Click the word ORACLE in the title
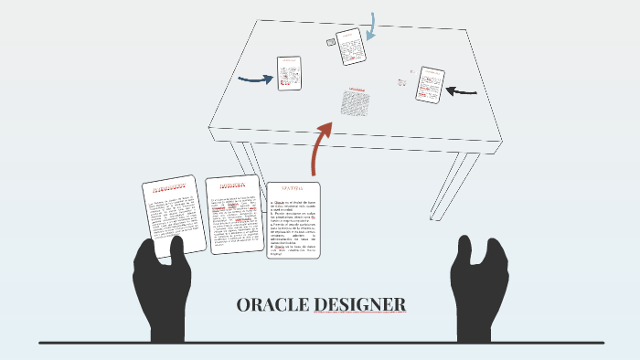click(x=272, y=304)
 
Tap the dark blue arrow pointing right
click(x=256, y=79)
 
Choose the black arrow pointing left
click(x=462, y=90)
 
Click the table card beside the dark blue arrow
click(x=290, y=73)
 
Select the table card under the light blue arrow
click(x=350, y=47)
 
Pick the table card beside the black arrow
click(x=429, y=85)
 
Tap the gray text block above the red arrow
click(x=355, y=102)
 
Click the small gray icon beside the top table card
click(x=331, y=42)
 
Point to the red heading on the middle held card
click(x=230, y=187)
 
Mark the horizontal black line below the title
click(x=320, y=343)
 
